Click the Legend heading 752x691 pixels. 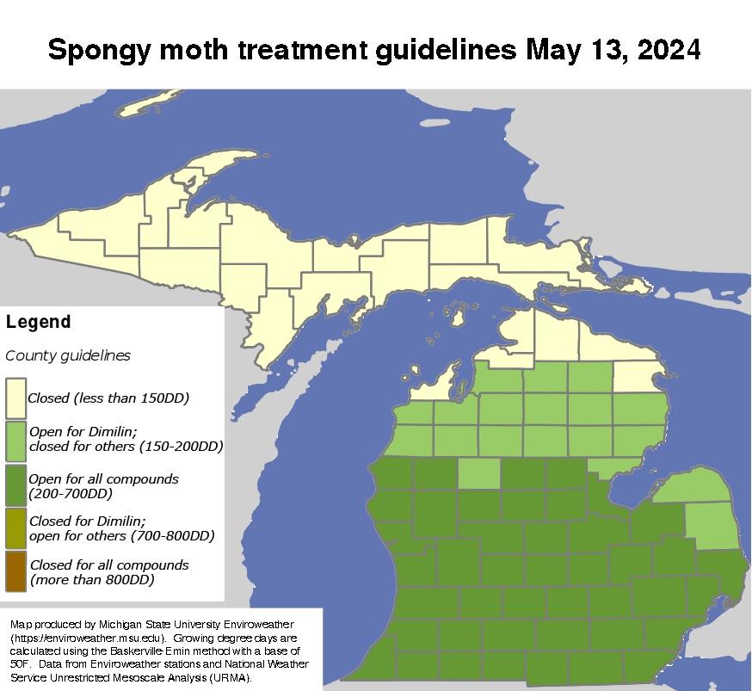pyautogui.click(x=38, y=323)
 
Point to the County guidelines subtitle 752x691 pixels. pyautogui.click(x=68, y=355)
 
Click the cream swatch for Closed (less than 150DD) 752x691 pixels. pyautogui.click(x=15, y=398)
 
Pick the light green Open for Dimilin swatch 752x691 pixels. pyautogui.click(x=15, y=440)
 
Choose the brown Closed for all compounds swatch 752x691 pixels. pyautogui.click(x=15, y=572)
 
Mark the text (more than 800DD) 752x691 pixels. pyautogui.click(x=92, y=580)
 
